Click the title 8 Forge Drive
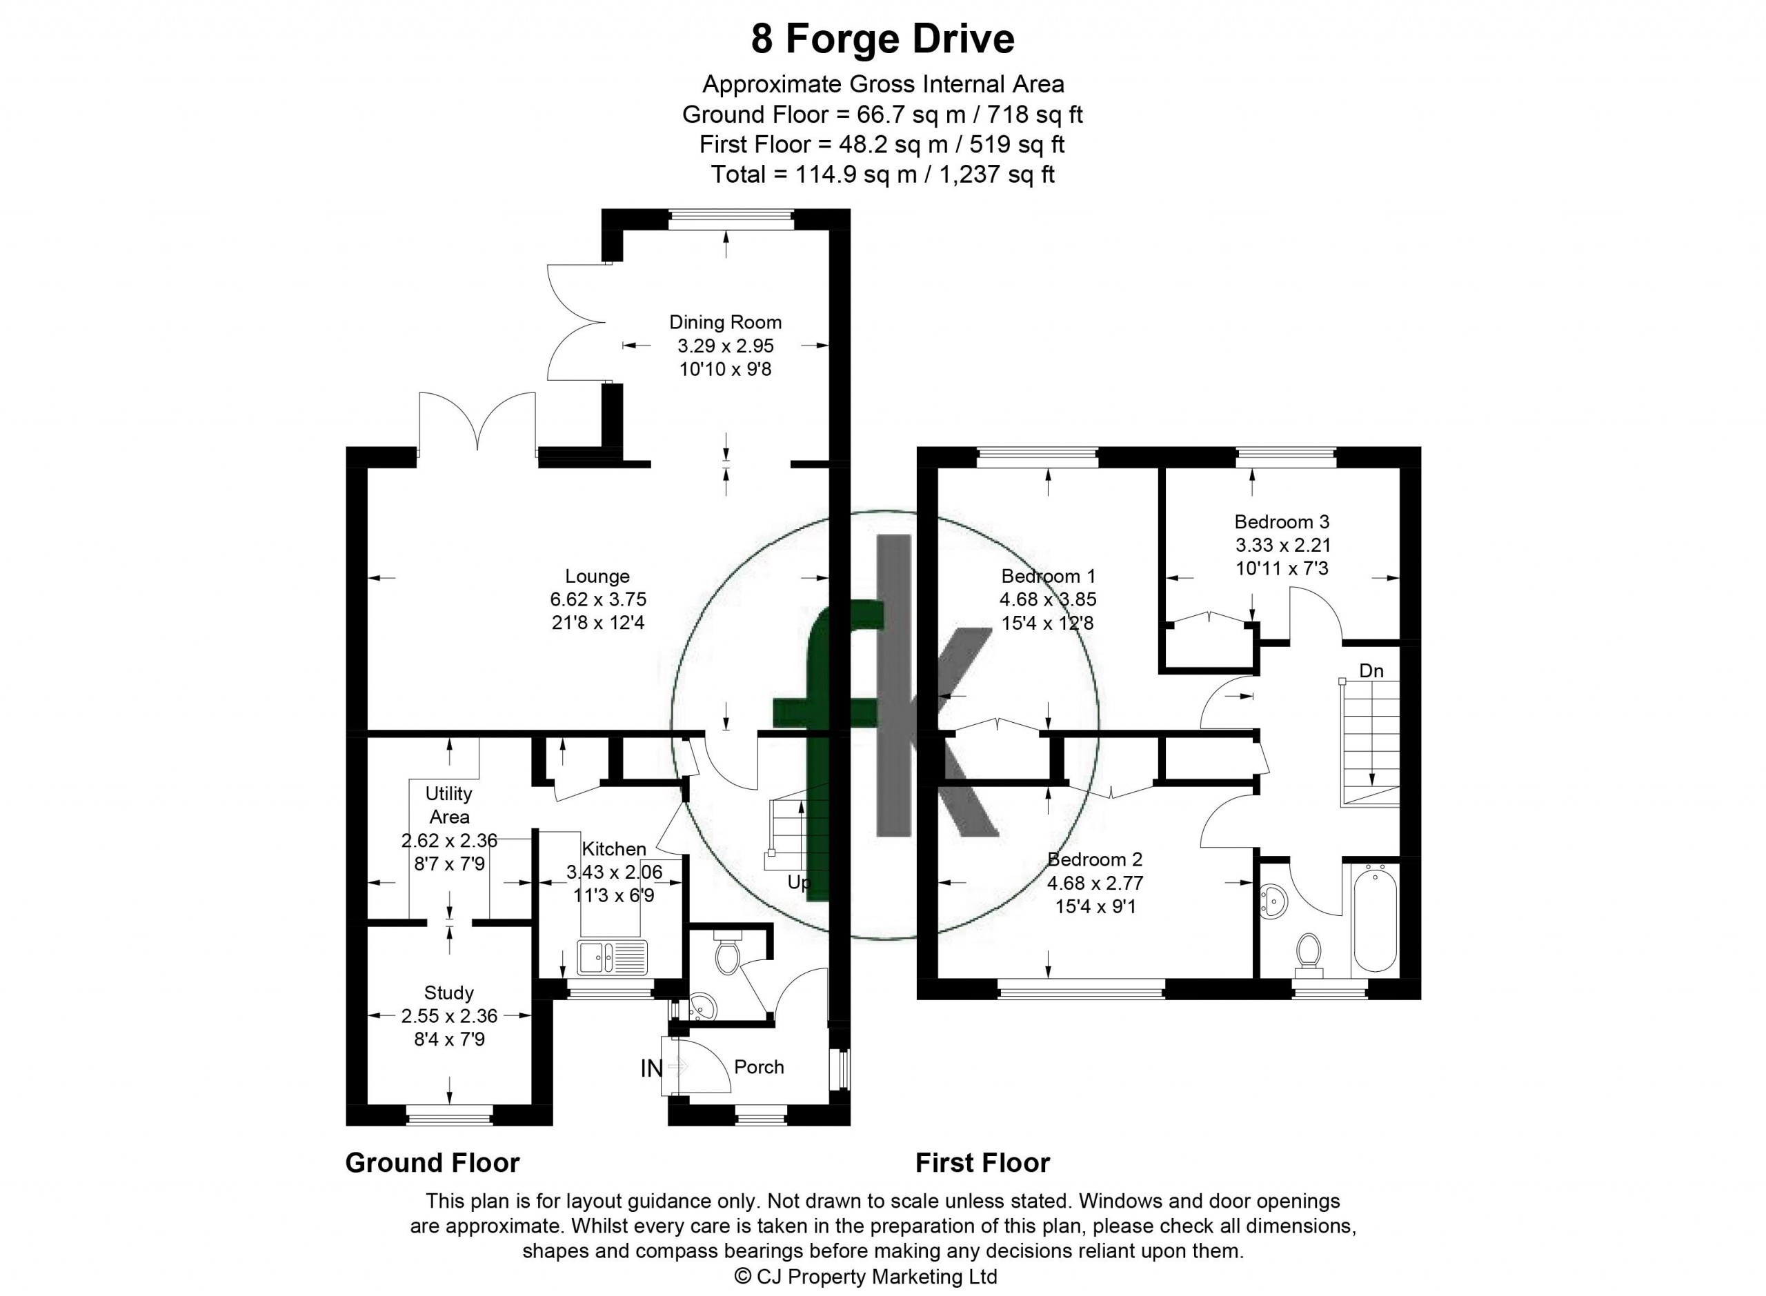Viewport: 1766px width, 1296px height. coord(882,39)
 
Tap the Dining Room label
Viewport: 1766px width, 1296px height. coord(725,321)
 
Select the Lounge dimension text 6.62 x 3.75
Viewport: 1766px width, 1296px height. coord(598,599)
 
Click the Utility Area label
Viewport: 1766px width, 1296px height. coord(449,805)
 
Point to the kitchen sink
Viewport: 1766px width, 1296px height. coord(613,957)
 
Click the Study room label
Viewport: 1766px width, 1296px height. coord(449,993)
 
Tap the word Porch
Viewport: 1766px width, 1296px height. coord(759,1067)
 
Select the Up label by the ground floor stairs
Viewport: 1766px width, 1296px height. coord(799,884)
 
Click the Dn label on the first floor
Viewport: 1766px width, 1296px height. coord(1371,670)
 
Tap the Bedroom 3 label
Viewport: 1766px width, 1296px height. coord(1281,521)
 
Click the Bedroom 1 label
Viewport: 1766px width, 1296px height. coord(1048,576)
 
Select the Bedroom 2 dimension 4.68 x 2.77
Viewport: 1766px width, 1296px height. coord(1095,883)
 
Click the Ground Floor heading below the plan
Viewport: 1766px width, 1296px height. coord(433,1162)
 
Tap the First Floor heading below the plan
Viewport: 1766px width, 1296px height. coord(982,1162)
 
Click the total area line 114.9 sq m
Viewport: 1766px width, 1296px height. coord(882,175)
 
